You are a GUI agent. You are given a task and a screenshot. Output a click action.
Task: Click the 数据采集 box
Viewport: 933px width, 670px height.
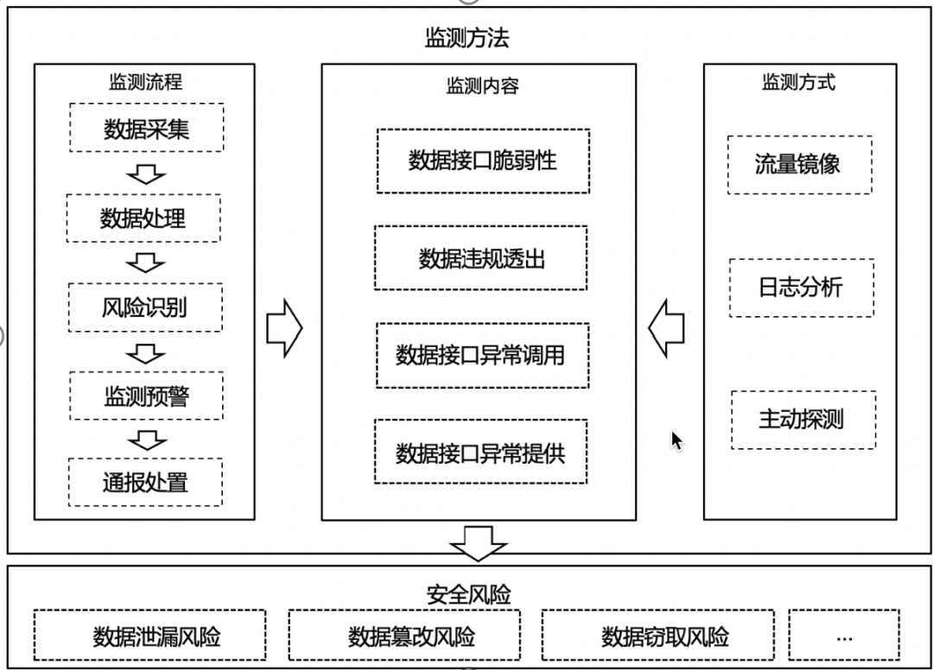coord(145,129)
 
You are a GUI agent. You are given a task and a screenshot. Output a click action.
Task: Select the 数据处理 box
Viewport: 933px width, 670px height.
coord(143,218)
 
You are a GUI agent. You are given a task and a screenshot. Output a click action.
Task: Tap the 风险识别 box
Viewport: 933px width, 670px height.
coord(144,307)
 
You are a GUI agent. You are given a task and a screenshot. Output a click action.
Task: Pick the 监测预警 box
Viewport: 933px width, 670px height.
coord(146,396)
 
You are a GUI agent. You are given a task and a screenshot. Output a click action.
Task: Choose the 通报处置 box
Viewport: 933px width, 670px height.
coord(144,482)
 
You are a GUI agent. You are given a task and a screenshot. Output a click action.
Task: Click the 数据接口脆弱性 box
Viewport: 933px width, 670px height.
coord(482,161)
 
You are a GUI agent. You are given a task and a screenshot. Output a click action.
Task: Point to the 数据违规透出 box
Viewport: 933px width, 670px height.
coord(480,258)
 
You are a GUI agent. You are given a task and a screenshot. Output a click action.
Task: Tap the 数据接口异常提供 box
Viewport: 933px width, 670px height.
coord(480,452)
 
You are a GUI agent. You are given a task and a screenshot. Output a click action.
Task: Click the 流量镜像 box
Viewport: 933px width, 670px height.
coord(798,164)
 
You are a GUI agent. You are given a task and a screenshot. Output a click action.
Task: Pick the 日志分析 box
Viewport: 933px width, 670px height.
coord(801,288)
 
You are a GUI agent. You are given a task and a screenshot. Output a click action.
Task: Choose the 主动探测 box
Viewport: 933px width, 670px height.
coord(803,420)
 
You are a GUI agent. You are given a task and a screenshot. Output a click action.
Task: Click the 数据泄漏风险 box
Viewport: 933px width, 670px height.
coord(149,637)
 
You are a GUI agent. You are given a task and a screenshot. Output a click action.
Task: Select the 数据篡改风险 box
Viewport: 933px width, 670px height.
coord(406,637)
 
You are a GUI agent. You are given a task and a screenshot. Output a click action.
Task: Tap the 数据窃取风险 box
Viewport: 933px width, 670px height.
coord(658,637)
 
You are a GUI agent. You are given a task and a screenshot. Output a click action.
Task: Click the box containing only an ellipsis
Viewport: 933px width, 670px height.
coord(844,637)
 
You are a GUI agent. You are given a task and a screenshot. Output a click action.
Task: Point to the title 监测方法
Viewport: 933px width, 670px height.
coord(466,38)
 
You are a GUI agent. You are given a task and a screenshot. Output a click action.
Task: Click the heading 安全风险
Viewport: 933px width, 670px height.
coord(467,594)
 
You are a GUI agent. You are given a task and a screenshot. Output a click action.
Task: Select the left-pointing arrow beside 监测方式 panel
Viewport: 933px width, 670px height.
coord(666,328)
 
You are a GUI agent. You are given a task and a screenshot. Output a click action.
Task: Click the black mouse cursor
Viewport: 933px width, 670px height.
coord(677,440)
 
